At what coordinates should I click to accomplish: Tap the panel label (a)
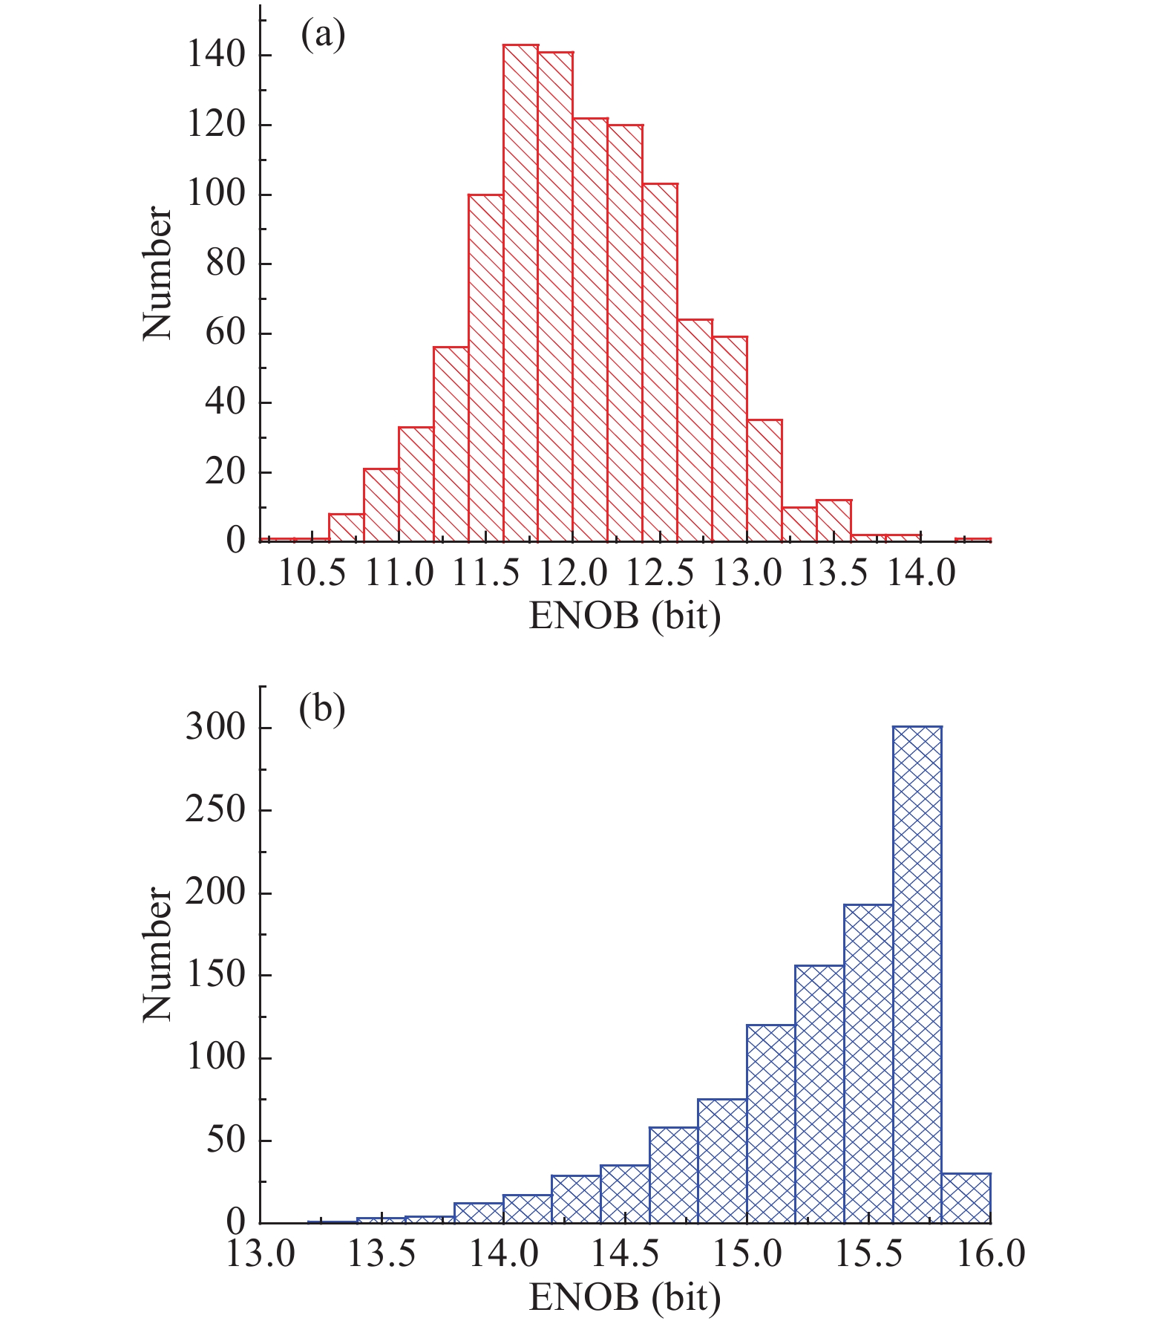point(323,35)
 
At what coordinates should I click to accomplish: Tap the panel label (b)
point(322,710)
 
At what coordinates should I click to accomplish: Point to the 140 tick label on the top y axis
point(216,55)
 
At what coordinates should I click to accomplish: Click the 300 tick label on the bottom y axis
point(215,728)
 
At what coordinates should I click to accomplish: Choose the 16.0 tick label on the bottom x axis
point(990,1253)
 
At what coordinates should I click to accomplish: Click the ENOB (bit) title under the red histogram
point(625,616)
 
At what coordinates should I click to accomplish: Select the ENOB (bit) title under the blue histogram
point(625,1296)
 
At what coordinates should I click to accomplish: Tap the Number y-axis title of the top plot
point(157,274)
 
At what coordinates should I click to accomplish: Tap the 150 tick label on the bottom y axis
point(215,975)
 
